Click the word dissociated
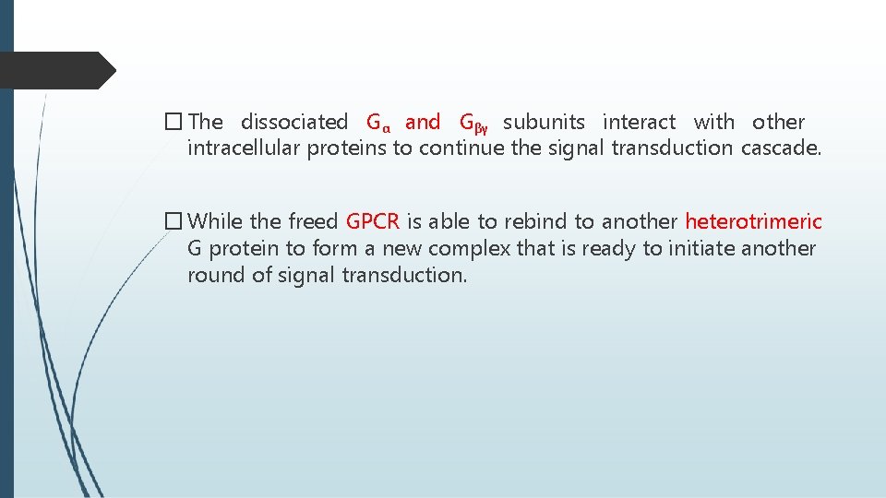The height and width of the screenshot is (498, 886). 293,122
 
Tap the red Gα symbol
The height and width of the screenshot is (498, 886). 378,123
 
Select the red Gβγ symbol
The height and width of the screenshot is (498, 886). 473,123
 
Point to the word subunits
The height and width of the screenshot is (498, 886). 544,122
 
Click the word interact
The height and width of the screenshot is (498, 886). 639,122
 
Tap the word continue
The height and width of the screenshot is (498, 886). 462,148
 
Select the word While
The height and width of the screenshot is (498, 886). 216,221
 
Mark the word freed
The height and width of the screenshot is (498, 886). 313,221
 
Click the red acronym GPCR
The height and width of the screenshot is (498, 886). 372,221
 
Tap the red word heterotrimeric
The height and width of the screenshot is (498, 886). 753,221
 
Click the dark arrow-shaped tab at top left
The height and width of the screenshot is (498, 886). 55,70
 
